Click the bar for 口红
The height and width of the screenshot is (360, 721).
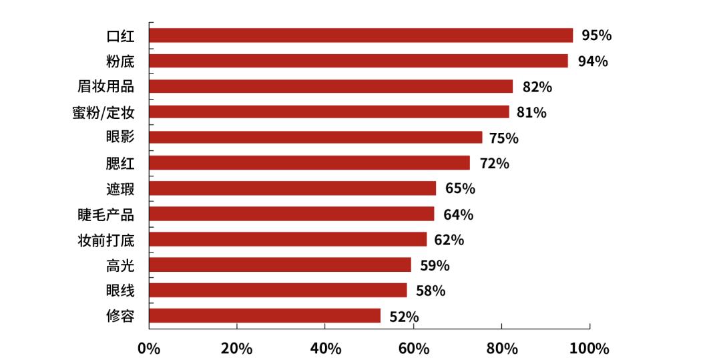[x=360, y=35]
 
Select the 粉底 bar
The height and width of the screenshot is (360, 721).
[x=358, y=61]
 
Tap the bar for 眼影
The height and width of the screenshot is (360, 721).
[x=315, y=138]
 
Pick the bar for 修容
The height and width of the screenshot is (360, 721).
[x=264, y=315]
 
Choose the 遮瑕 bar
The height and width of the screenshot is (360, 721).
[x=292, y=188]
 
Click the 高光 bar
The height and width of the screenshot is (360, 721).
[x=280, y=265]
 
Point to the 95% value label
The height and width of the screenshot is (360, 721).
[x=596, y=35]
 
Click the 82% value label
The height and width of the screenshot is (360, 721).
[x=537, y=87]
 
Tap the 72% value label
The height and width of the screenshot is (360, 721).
[x=494, y=163]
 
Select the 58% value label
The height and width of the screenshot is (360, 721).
[x=431, y=291]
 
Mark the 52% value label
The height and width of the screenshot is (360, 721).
[x=404, y=316]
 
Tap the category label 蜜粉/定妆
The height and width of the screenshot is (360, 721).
[x=103, y=112]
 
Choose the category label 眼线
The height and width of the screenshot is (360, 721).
[x=120, y=291]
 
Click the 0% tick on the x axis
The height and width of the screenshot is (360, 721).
[x=149, y=349]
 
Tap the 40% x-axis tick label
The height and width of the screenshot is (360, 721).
[x=325, y=349]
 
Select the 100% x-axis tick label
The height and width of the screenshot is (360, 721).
[x=589, y=349]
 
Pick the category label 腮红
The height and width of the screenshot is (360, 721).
[x=120, y=163]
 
